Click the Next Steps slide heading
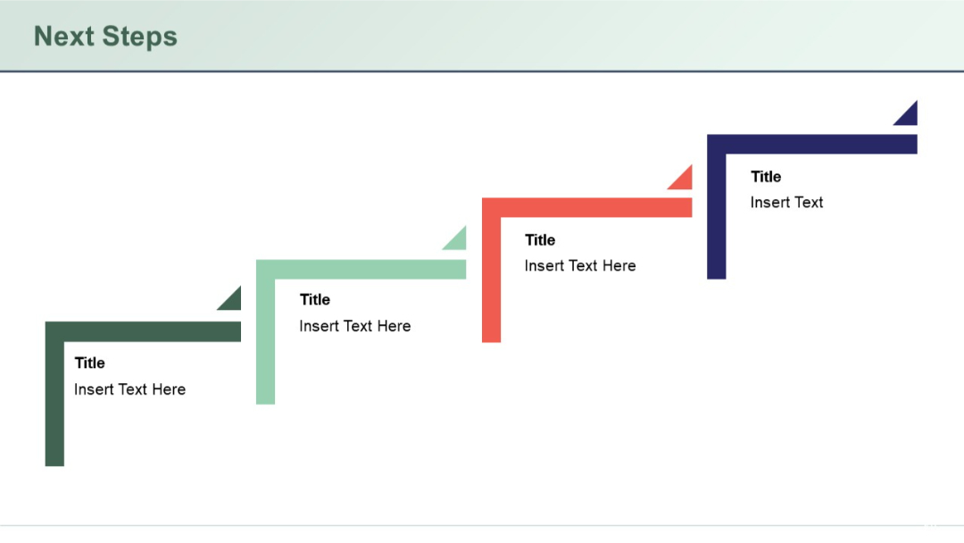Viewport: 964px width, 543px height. pyautogui.click(x=105, y=37)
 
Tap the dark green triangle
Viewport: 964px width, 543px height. pyautogui.click(x=233, y=302)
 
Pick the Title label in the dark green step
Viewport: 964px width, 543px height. pyautogui.click(x=90, y=363)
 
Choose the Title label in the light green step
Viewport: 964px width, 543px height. pyautogui.click(x=315, y=299)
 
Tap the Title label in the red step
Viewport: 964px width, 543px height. pyautogui.click(x=540, y=239)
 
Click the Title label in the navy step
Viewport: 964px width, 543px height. pyautogui.click(x=766, y=176)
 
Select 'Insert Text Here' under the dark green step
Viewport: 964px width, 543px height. pyautogui.click(x=130, y=389)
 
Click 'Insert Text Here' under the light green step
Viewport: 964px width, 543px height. pyautogui.click(x=355, y=326)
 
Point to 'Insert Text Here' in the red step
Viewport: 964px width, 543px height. pyautogui.click(x=580, y=265)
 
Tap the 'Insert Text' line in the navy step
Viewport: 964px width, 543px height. pyautogui.click(x=786, y=202)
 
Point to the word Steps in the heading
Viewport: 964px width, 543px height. pyautogui.click(x=140, y=37)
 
